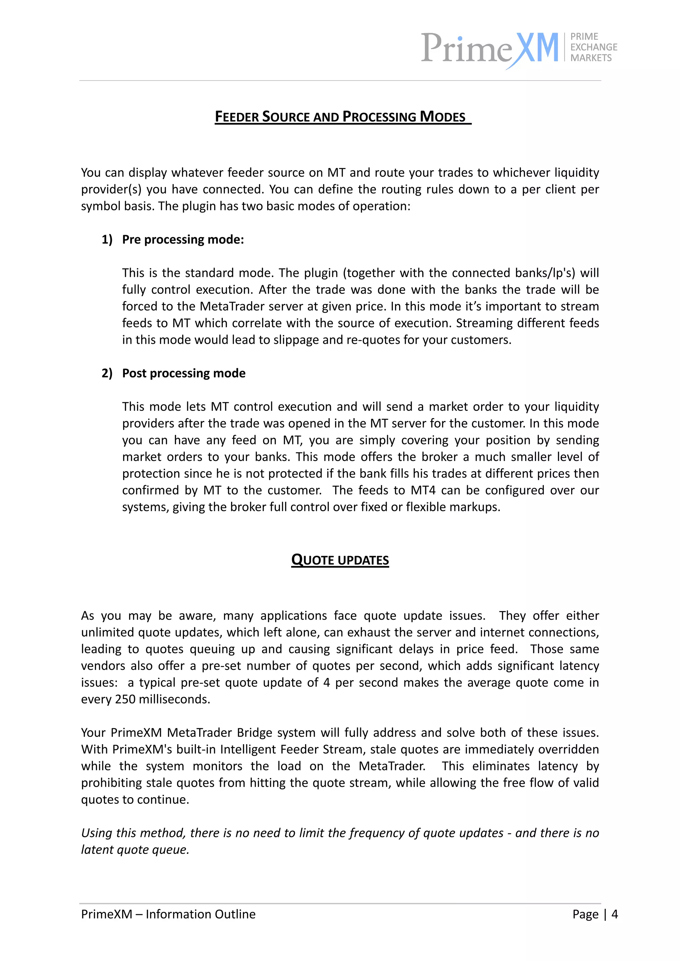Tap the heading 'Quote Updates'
pyautogui.click(x=340, y=560)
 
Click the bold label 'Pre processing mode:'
pyautogui.click(x=183, y=239)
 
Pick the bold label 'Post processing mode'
pyautogui.click(x=184, y=373)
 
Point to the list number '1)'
pyautogui.click(x=107, y=239)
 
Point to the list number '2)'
pyautogui.click(x=107, y=373)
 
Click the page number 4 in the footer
pyautogui.click(x=614, y=914)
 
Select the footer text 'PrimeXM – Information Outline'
pyautogui.click(x=168, y=914)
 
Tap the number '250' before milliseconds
pyautogui.click(x=125, y=699)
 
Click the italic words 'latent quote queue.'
pyautogui.click(x=135, y=850)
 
